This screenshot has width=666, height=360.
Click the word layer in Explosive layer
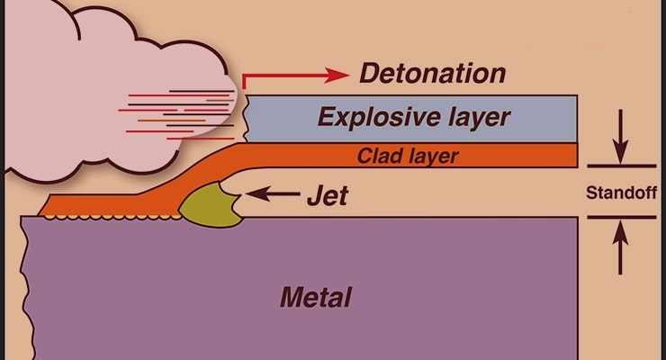pos(480,117)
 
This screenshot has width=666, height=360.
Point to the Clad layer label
pos(408,156)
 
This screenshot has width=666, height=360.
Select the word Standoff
pos(622,193)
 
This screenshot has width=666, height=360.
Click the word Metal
pos(315,295)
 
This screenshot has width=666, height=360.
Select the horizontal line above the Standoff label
pos(621,166)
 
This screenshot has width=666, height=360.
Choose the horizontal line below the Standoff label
pos(621,217)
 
